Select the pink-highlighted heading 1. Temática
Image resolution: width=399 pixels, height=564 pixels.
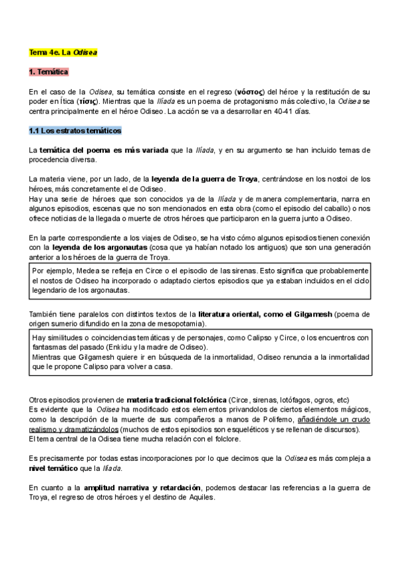point(49,71)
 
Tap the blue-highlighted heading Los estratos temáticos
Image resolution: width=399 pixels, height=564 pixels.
point(80,130)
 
